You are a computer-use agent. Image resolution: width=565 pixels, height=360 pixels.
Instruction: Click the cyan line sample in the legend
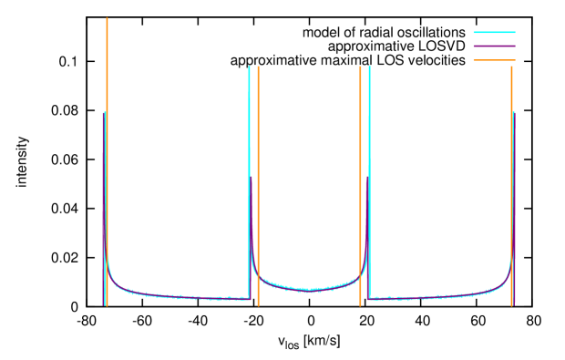pyautogui.click(x=494, y=32)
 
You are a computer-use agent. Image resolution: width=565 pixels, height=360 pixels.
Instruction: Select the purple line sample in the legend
pyautogui.click(x=494, y=46)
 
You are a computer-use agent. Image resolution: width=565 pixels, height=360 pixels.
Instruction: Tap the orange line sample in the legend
pyautogui.click(x=494, y=60)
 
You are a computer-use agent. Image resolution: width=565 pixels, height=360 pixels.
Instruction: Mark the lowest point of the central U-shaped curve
pyautogui.click(x=310, y=290)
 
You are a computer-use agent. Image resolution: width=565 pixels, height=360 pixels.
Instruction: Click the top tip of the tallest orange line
pyautogui.click(x=107, y=19)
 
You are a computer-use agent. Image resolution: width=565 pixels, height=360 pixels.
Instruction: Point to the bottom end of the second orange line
pyautogui.click(x=258, y=304)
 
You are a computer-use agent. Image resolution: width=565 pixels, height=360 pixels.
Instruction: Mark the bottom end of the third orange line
pyautogui.click(x=360, y=304)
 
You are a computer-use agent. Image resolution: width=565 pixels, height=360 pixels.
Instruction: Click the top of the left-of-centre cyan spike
pyautogui.click(x=249, y=67)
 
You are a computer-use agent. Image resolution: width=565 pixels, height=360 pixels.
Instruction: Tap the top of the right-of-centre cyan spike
pyautogui.click(x=369, y=67)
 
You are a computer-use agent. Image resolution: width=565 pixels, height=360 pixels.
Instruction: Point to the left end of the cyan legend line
pyautogui.click(x=474, y=32)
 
